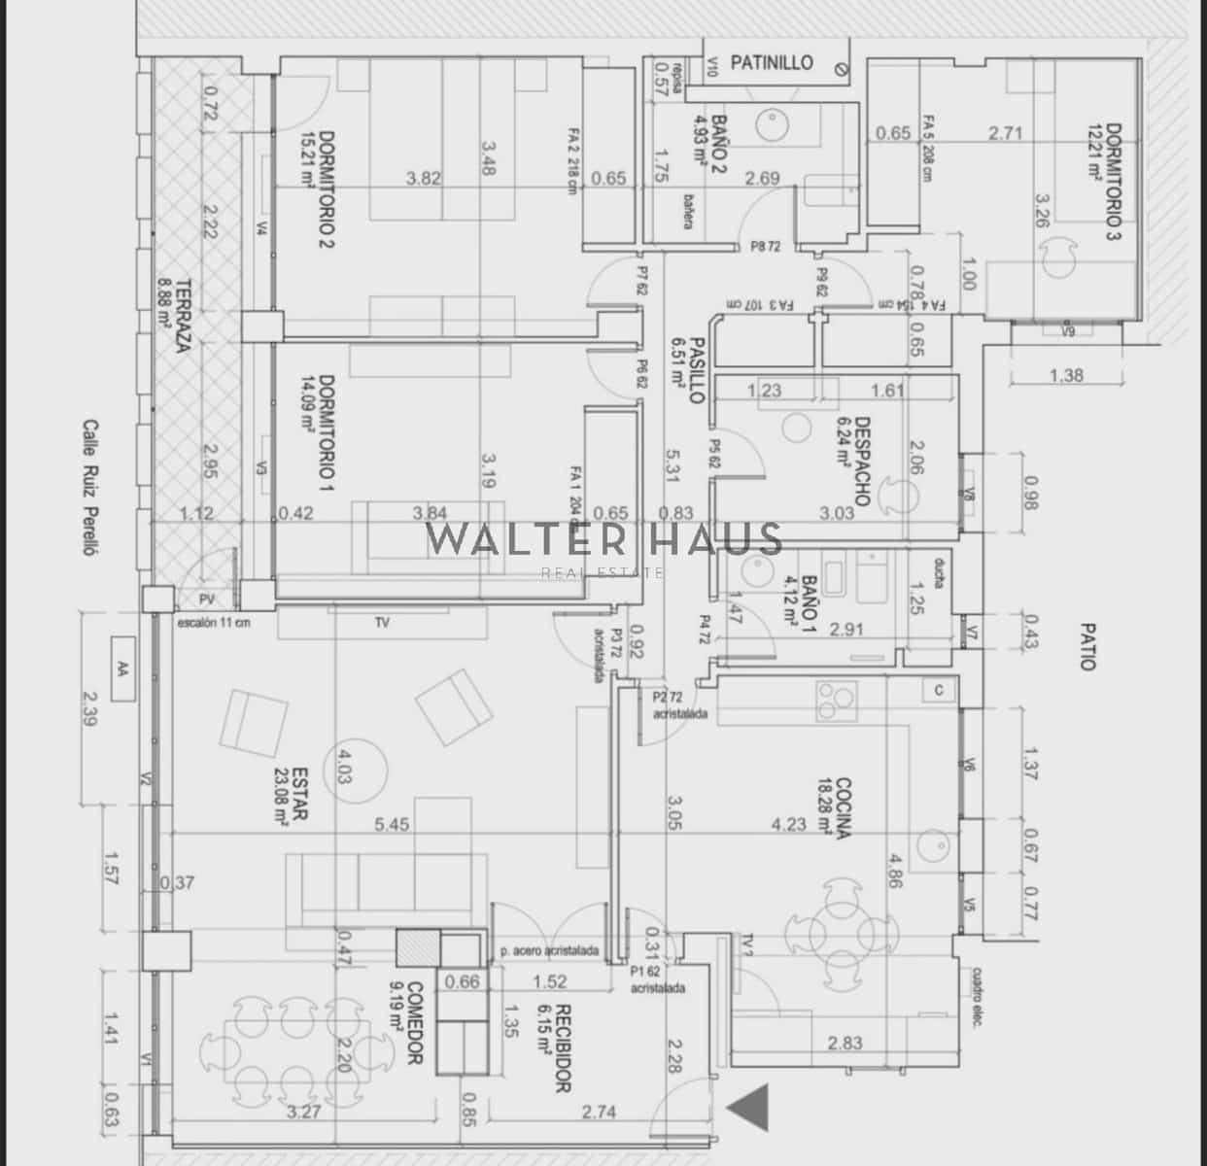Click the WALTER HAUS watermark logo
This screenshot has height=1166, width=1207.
pos(604,540)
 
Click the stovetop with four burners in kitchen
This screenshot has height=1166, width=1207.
pos(836,701)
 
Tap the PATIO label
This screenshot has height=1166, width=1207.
pos(1086,646)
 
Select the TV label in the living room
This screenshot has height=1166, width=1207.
pos(382,623)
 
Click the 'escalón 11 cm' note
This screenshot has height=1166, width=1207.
pos(213,623)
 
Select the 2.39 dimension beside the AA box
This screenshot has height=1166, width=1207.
pos(91,710)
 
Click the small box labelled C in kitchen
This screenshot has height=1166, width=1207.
pos(939,690)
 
